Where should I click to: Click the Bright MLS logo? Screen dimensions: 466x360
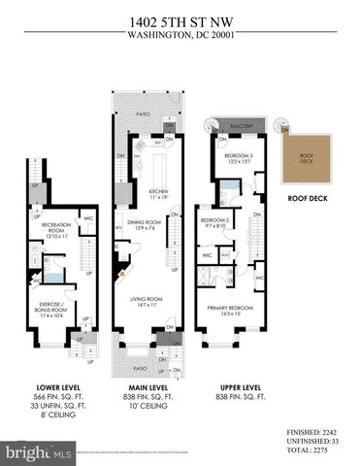pyautogui.click(x=40, y=452)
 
